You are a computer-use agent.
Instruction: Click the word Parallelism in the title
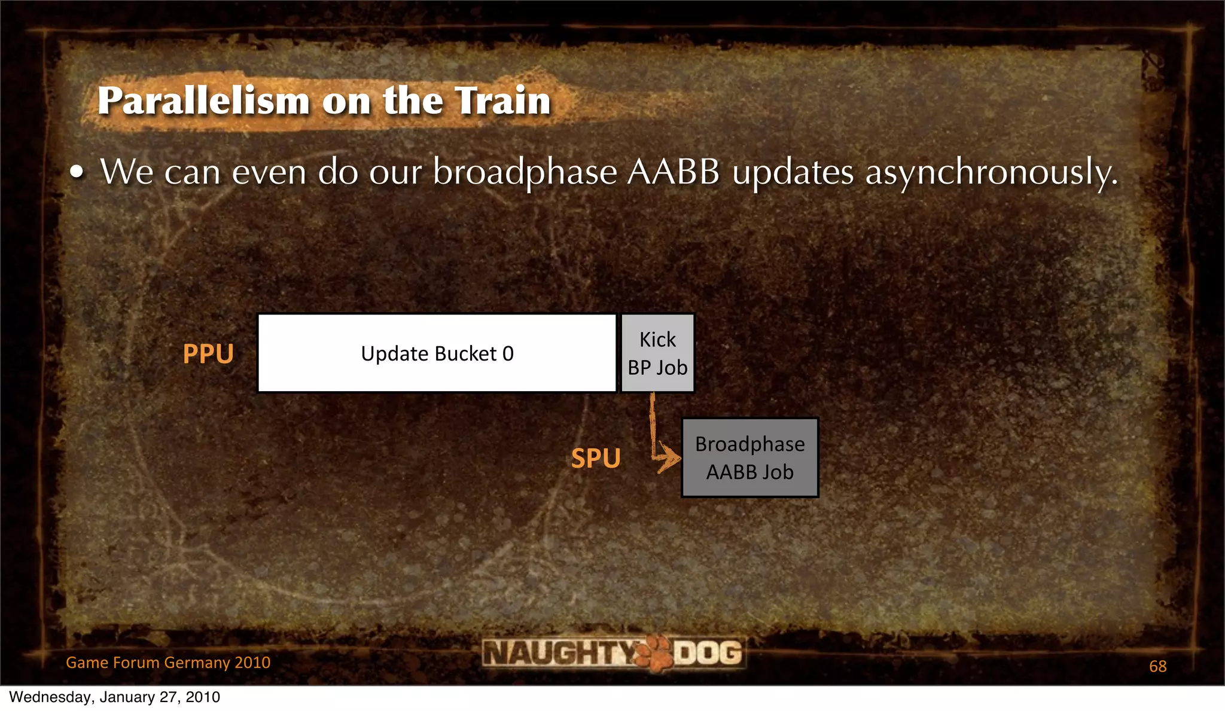tap(203, 100)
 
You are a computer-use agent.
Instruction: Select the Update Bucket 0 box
tap(437, 353)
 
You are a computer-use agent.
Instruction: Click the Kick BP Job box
tap(657, 353)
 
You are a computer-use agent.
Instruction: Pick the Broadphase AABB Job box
tap(749, 457)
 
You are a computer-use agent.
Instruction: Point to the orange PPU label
tap(208, 353)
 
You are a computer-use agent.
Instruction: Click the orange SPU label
tap(596, 459)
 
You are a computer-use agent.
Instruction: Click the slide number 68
tap(1157, 666)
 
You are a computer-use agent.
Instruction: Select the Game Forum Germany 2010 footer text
tap(168, 663)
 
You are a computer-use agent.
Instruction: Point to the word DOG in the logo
tap(708, 652)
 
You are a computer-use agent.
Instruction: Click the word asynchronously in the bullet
tap(991, 172)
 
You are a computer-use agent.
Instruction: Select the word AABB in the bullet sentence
tap(674, 172)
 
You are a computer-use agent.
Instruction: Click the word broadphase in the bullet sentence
tap(525, 172)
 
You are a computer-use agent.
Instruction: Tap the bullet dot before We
tap(77, 173)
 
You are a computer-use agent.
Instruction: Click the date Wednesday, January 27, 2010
tap(114, 697)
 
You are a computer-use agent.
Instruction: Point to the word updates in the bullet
tap(793, 172)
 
